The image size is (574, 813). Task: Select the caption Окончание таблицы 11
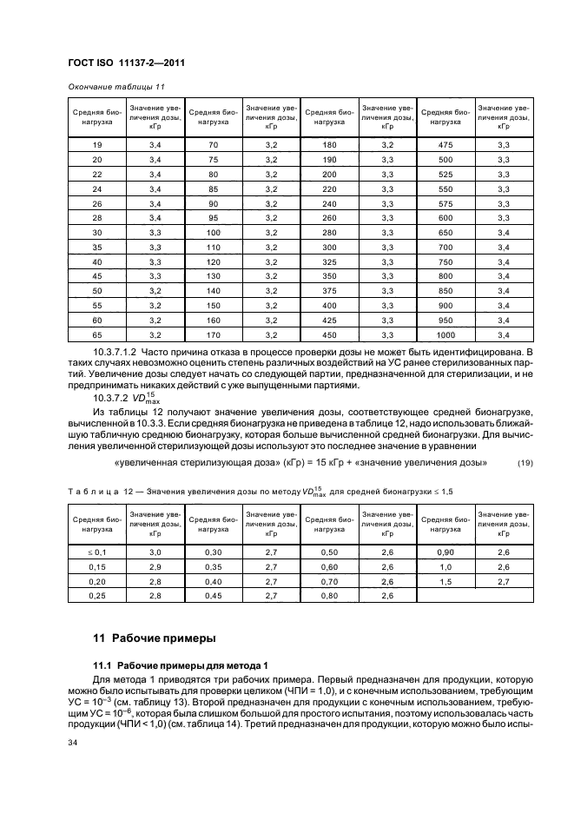coord(110,87)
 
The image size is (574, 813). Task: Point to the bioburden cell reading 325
coord(329,261)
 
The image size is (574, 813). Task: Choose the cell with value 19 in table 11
coord(96,144)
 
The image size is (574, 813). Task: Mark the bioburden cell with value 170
coord(213,334)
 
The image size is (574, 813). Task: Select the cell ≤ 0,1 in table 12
coord(96,552)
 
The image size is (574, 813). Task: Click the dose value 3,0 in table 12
coord(155,552)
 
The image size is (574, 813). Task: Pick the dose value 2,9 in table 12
coord(155,566)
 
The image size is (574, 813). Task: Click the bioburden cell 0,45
coord(213,596)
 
